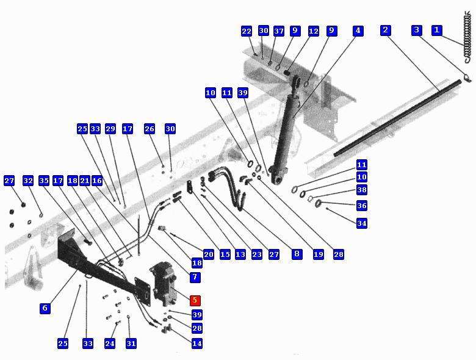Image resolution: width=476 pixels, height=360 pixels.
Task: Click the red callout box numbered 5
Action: click(195, 300)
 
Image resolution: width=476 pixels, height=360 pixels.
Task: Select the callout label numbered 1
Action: click(437, 30)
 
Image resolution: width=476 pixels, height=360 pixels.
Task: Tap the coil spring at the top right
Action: click(469, 37)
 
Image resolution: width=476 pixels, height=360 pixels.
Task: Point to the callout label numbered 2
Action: click(386, 30)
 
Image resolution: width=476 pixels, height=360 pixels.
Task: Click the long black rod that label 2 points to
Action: click(398, 118)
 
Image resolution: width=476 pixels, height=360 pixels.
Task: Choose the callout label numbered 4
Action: click(358, 31)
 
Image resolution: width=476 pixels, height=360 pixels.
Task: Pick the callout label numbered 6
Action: click(45, 308)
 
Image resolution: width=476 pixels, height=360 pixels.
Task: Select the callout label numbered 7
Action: click(195, 277)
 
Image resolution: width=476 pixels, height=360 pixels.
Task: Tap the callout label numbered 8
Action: click(297, 254)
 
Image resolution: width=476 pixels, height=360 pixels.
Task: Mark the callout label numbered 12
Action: click(313, 31)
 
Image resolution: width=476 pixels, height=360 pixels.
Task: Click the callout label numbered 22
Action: click(247, 31)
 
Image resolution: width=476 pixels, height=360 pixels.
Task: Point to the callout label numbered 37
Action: click(279, 31)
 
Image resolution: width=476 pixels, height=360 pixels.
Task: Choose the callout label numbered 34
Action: click(361, 223)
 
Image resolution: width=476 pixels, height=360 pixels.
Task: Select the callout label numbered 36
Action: click(361, 206)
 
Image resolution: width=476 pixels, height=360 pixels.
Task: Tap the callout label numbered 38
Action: click(361, 190)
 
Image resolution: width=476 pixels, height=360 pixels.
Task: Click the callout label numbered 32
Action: click(28, 181)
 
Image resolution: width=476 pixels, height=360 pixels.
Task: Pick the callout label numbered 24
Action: click(110, 344)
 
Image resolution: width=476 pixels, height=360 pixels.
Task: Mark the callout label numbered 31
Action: click(131, 344)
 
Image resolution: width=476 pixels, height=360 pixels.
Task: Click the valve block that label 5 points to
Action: click(164, 284)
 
